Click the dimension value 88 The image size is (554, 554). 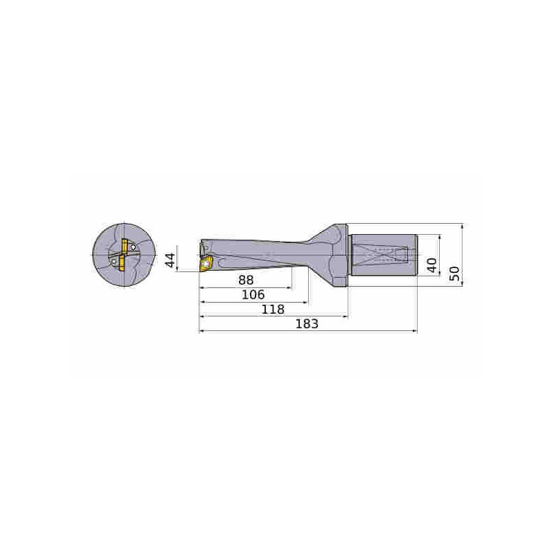click(x=245, y=280)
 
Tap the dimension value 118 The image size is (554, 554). click(x=272, y=310)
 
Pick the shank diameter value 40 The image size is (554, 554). click(x=432, y=265)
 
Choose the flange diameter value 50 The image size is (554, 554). click(x=454, y=273)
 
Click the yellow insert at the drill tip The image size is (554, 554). click(x=206, y=263)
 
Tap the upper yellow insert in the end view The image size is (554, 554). click(x=125, y=245)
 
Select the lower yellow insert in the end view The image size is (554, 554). click(x=120, y=263)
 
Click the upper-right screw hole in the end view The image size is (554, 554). click(x=134, y=247)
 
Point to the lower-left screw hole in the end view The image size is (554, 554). click(x=111, y=262)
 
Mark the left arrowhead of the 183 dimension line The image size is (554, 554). click(x=202, y=332)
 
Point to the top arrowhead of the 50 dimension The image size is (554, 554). click(x=462, y=226)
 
